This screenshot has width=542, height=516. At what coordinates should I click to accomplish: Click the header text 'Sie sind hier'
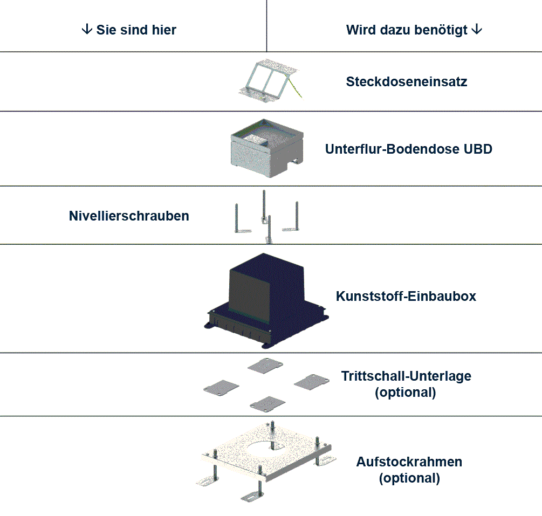click(136, 30)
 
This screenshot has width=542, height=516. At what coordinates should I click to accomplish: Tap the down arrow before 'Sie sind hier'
click(86, 29)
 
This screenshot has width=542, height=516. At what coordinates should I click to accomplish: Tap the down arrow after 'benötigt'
click(476, 29)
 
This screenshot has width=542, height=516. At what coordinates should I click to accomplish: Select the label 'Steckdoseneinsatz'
click(406, 82)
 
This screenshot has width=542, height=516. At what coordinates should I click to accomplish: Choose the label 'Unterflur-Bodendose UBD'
click(408, 149)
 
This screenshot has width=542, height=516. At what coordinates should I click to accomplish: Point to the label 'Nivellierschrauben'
click(129, 216)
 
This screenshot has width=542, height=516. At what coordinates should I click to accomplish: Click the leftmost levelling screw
click(237, 218)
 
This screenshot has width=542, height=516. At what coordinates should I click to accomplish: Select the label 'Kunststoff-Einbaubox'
click(406, 296)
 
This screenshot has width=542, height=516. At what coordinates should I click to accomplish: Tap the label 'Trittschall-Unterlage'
click(406, 376)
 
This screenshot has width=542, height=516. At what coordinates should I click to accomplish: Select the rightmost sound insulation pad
click(312, 380)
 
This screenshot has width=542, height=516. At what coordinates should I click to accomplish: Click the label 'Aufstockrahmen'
click(409, 462)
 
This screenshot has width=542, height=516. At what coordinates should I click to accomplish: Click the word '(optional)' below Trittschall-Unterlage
click(405, 393)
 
